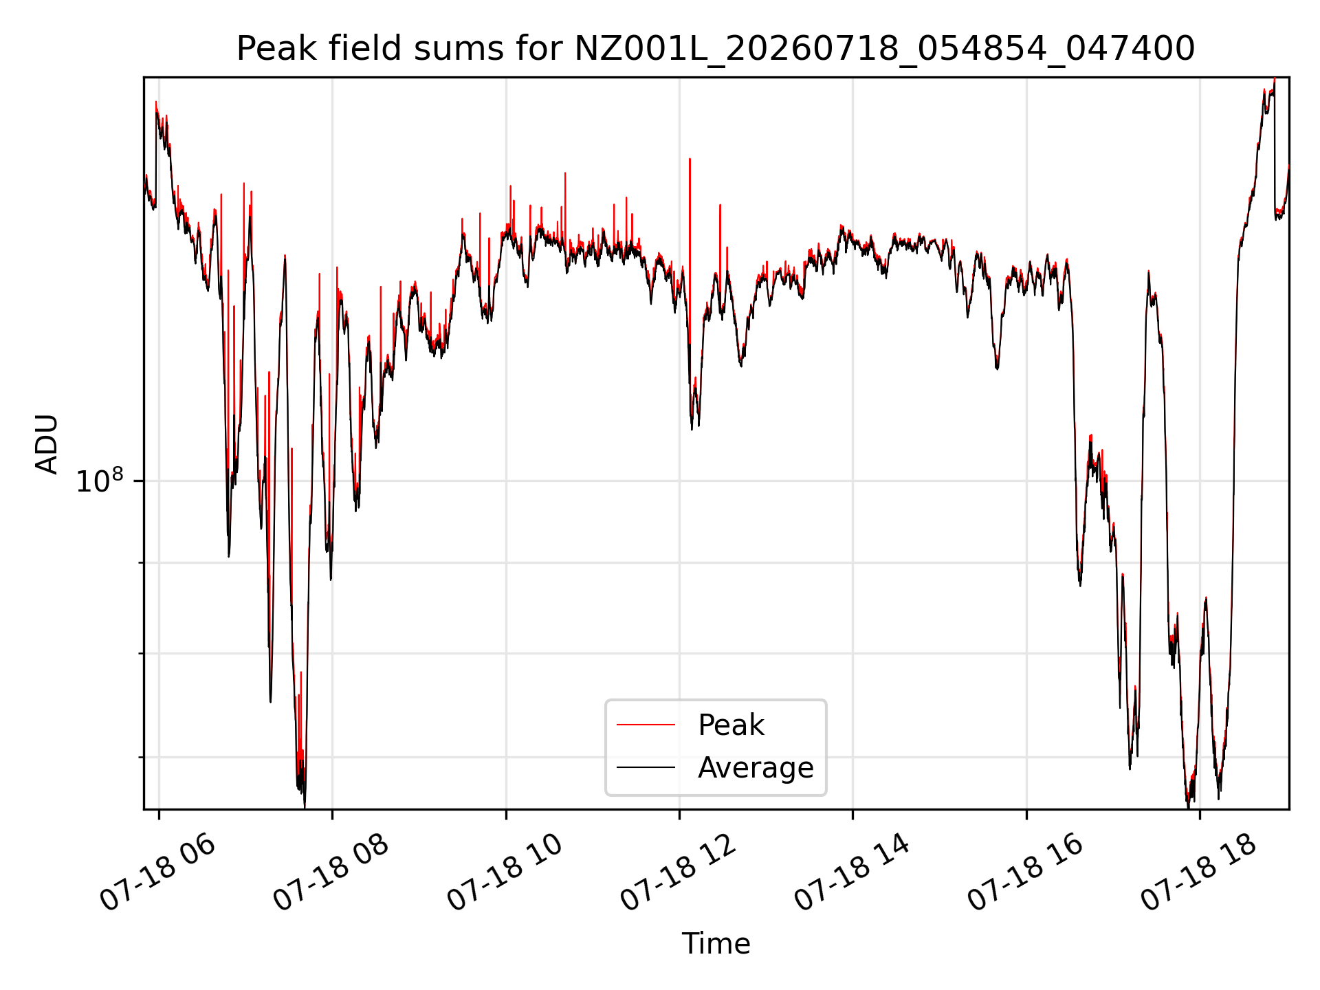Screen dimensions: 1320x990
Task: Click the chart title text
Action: pyautogui.click(x=716, y=49)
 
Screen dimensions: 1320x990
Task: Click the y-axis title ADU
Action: pyautogui.click(x=47, y=443)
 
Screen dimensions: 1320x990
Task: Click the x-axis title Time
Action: pyautogui.click(x=716, y=943)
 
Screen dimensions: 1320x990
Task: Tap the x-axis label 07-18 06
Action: pyautogui.click(x=158, y=872)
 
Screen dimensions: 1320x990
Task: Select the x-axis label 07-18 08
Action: pyautogui.click(x=331, y=872)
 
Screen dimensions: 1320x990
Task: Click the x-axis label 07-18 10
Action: pyautogui.click(x=505, y=872)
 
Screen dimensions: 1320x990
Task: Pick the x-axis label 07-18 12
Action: pyautogui.click(x=679, y=872)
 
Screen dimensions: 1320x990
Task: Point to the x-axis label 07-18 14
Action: pyautogui.click(x=852, y=872)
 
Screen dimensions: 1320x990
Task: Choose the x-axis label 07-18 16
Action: pyautogui.click(x=1026, y=872)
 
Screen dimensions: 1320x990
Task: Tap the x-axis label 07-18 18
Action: pyautogui.click(x=1200, y=872)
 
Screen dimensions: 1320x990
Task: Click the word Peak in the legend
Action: pyautogui.click(x=731, y=725)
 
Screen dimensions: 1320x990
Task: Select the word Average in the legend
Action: pyautogui.click(x=756, y=767)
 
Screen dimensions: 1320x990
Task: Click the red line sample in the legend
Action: pyautogui.click(x=646, y=725)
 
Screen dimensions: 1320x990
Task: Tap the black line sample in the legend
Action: pyautogui.click(x=646, y=767)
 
